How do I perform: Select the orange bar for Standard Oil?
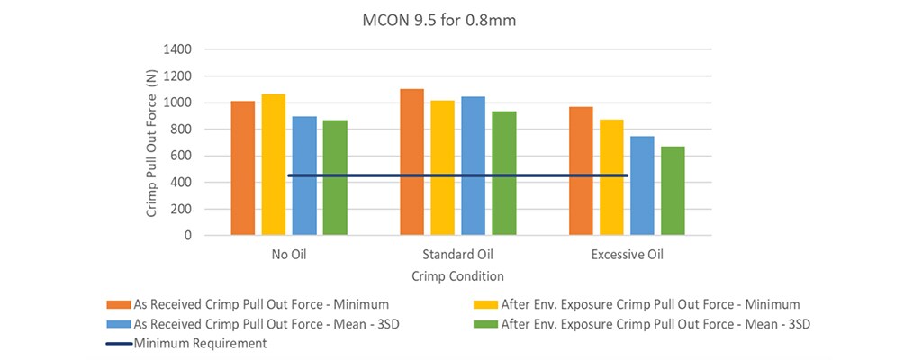(x=411, y=162)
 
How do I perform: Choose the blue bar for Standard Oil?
(x=473, y=166)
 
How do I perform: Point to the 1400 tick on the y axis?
(x=178, y=49)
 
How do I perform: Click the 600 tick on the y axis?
(x=182, y=156)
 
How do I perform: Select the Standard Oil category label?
(x=457, y=255)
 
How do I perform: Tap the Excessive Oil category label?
(x=627, y=255)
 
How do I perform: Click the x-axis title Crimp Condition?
(x=457, y=276)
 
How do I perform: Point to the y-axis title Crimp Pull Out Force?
(x=152, y=142)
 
